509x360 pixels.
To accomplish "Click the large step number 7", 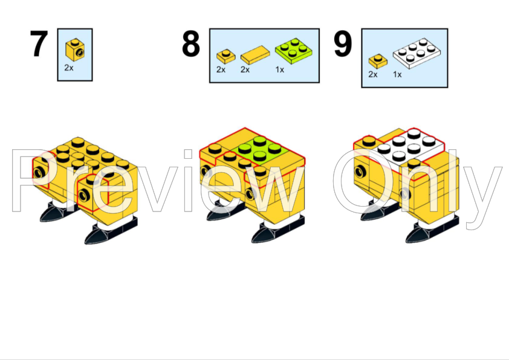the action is pos(39,43).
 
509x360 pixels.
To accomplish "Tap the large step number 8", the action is pos(191,43).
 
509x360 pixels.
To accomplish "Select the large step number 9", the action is pos(343,43).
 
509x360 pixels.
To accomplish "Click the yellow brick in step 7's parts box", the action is pos(75,50).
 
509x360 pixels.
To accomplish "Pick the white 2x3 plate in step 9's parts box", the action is pos(417,53).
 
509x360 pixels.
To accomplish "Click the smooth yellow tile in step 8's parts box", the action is pos(255,55).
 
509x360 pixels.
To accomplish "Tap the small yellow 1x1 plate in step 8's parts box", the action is pos(226,56).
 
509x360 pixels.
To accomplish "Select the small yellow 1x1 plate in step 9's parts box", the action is pos(378,61).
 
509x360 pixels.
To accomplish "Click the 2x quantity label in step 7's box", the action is pos(69,68).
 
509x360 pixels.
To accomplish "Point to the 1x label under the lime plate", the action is pos(280,69).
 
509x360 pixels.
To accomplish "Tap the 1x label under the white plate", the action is pos(397,74).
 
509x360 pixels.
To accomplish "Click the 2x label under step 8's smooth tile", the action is pos(245,69).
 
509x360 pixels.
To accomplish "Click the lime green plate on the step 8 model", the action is pos(260,150).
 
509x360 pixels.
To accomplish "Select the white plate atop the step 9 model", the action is pos(410,147).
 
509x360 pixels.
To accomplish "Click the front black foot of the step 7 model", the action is pos(111,231).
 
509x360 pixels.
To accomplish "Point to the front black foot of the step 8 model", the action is pos(278,230).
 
